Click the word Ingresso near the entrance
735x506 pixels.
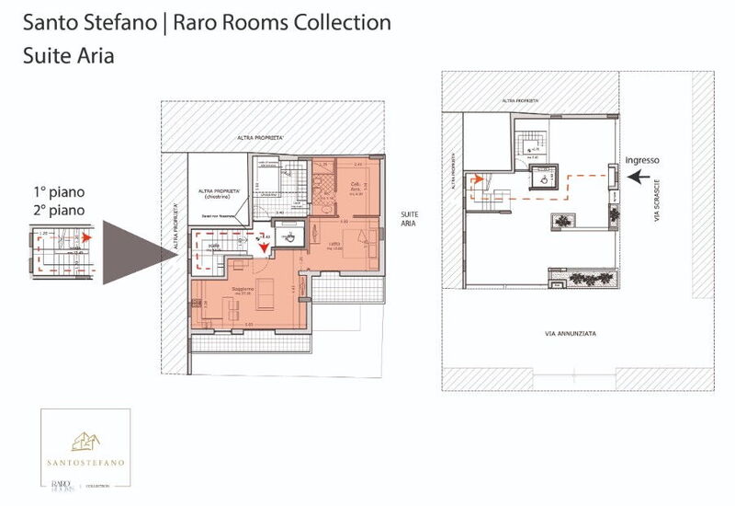642,160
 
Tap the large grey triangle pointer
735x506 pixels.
138,252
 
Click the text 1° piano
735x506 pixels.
53,193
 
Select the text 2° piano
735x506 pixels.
53,211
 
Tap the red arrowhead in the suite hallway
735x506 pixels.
263,246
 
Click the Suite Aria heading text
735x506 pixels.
69,54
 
